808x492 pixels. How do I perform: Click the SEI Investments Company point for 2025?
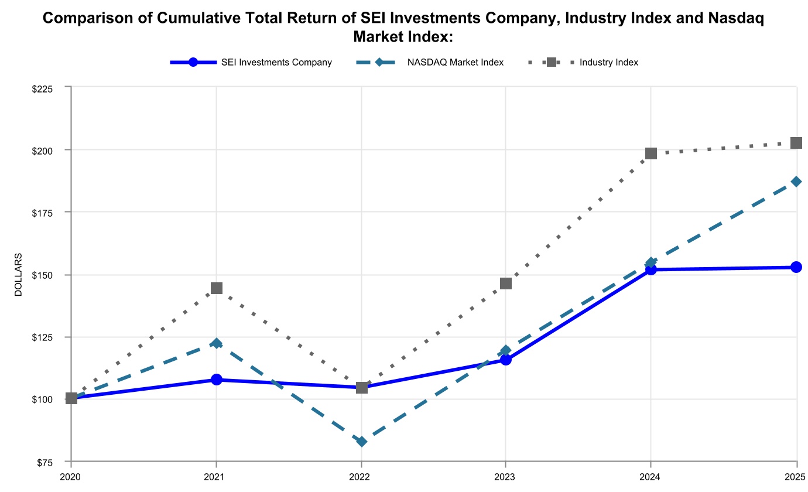coord(796,267)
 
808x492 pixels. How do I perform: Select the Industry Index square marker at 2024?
coord(651,153)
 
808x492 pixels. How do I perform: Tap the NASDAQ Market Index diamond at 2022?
coord(362,442)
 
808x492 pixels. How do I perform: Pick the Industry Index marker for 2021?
coord(217,288)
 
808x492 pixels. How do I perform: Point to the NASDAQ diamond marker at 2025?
coord(796,182)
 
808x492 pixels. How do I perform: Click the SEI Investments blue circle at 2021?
coord(217,380)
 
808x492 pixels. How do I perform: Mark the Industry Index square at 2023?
coord(506,283)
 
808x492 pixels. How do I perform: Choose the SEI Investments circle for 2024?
coord(651,269)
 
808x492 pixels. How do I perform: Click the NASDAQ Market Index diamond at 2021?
coord(217,343)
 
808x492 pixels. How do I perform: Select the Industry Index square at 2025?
coord(796,143)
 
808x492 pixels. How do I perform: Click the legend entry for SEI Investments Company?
coord(276,63)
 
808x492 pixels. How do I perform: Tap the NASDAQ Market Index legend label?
coord(455,63)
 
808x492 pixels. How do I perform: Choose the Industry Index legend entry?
coord(608,63)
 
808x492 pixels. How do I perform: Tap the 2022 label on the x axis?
coord(362,477)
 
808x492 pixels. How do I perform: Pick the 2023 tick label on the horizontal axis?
coord(506,477)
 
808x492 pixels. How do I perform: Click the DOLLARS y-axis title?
coord(19,275)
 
